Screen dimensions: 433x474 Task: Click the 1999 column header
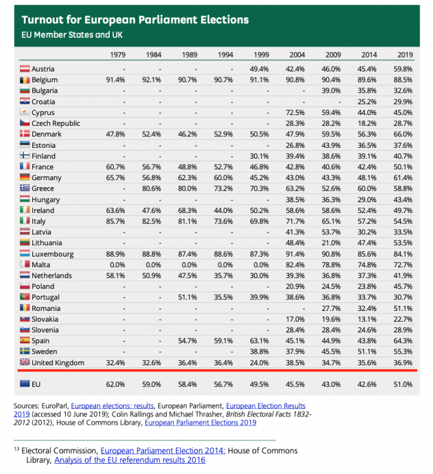click(x=261, y=55)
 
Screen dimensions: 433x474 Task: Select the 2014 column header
click(x=369, y=55)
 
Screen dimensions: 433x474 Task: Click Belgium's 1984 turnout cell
click(x=152, y=80)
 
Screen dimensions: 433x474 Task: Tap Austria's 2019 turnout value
click(x=403, y=69)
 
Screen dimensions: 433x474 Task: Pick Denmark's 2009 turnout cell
click(x=331, y=134)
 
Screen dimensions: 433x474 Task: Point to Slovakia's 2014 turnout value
click(x=367, y=319)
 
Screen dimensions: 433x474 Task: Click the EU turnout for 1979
click(x=116, y=384)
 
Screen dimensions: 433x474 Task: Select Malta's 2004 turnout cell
click(x=295, y=265)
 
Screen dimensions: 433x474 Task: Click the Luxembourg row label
click(x=52, y=254)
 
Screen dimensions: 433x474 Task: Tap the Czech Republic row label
click(x=56, y=123)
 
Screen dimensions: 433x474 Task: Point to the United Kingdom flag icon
click(x=25, y=362)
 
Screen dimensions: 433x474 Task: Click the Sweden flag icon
click(x=25, y=351)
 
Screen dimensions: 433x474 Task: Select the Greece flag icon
click(x=25, y=188)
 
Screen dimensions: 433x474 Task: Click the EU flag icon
click(x=25, y=384)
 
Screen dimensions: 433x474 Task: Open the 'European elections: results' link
click(x=112, y=406)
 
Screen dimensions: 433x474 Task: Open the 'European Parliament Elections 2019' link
click(x=200, y=423)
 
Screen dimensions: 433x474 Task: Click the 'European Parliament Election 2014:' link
click(x=163, y=451)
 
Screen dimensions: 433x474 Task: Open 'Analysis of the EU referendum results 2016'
click(x=130, y=460)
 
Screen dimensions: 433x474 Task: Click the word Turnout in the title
click(x=42, y=20)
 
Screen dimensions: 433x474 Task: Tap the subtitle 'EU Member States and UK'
click(x=72, y=35)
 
